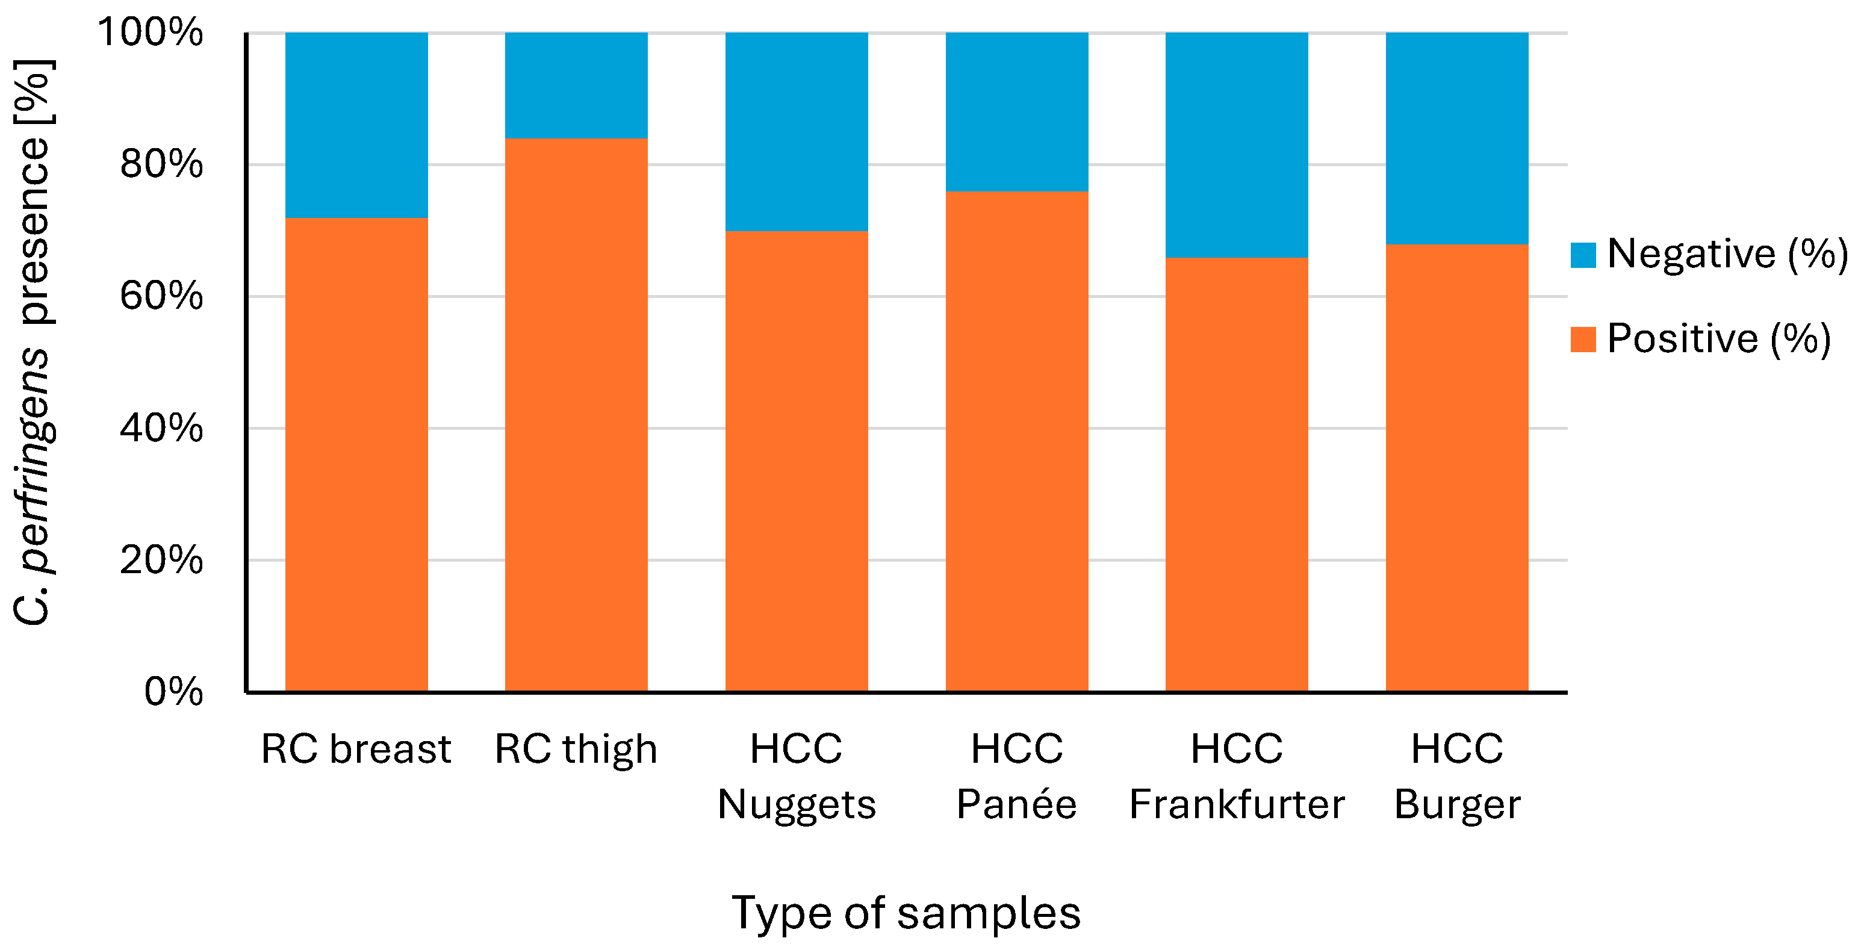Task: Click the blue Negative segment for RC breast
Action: (x=356, y=125)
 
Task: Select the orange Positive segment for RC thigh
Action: (x=576, y=415)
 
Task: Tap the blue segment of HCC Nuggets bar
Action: (x=797, y=131)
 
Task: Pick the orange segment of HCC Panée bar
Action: (x=1017, y=441)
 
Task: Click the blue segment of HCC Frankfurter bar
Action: (x=1236, y=144)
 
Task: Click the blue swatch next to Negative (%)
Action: (x=1583, y=255)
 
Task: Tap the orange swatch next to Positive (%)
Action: (x=1583, y=339)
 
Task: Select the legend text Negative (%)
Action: (x=1727, y=254)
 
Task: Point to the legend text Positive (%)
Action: (x=1719, y=338)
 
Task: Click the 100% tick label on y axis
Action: (x=150, y=33)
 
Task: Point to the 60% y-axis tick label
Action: (x=161, y=296)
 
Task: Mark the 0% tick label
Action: (x=173, y=692)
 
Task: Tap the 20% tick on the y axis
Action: (x=161, y=560)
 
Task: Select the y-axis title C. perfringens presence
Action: (x=33, y=343)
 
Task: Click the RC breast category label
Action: (x=356, y=749)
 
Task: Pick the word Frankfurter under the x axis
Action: (x=1236, y=804)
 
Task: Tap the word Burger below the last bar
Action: (x=1457, y=804)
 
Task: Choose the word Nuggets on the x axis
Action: (x=797, y=804)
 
